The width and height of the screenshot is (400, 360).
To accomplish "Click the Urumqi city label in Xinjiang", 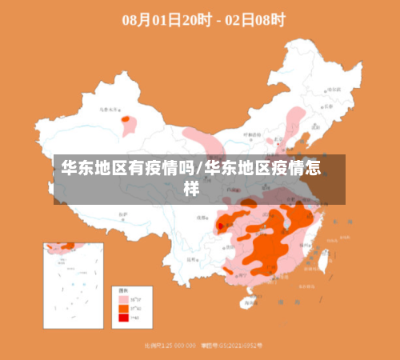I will [x=108, y=110].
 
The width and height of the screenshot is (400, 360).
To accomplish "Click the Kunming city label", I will [x=193, y=260].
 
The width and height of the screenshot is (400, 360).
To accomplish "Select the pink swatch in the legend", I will [x=123, y=298].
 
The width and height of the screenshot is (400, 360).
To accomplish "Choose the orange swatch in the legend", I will [x=123, y=308].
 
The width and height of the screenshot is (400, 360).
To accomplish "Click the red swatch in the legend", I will [x=123, y=318].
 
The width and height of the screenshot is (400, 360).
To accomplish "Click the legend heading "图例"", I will [x=124, y=290].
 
